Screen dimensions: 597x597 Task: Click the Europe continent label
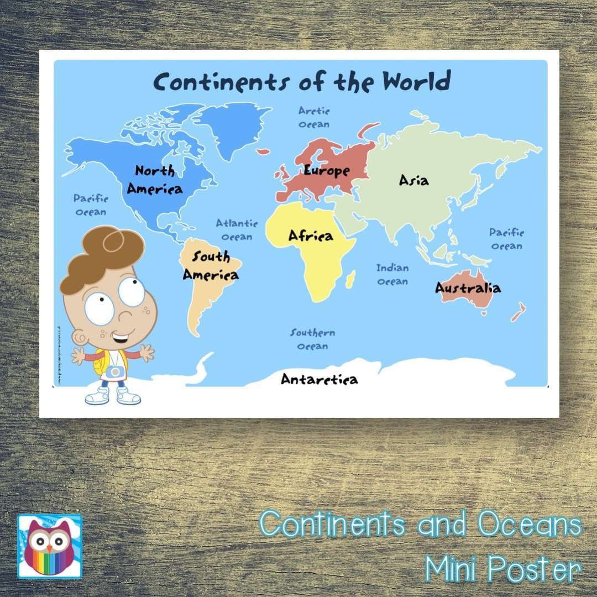pos(327,171)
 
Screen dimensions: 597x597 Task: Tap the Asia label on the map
pos(413,180)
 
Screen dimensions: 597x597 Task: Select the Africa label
pos(311,236)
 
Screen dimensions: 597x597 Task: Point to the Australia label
pos(468,288)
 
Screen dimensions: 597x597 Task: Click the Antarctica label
pos(319,379)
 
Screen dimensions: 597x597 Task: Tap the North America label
pos(155,180)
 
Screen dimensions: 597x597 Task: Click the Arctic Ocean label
pos(314,117)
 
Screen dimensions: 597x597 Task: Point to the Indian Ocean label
pos(392,275)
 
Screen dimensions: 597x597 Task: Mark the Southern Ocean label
pos(313,339)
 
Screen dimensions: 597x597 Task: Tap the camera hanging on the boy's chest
pos(116,371)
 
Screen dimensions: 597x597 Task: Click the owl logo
pos(50,546)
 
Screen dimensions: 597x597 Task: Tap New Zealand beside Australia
pos(519,312)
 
